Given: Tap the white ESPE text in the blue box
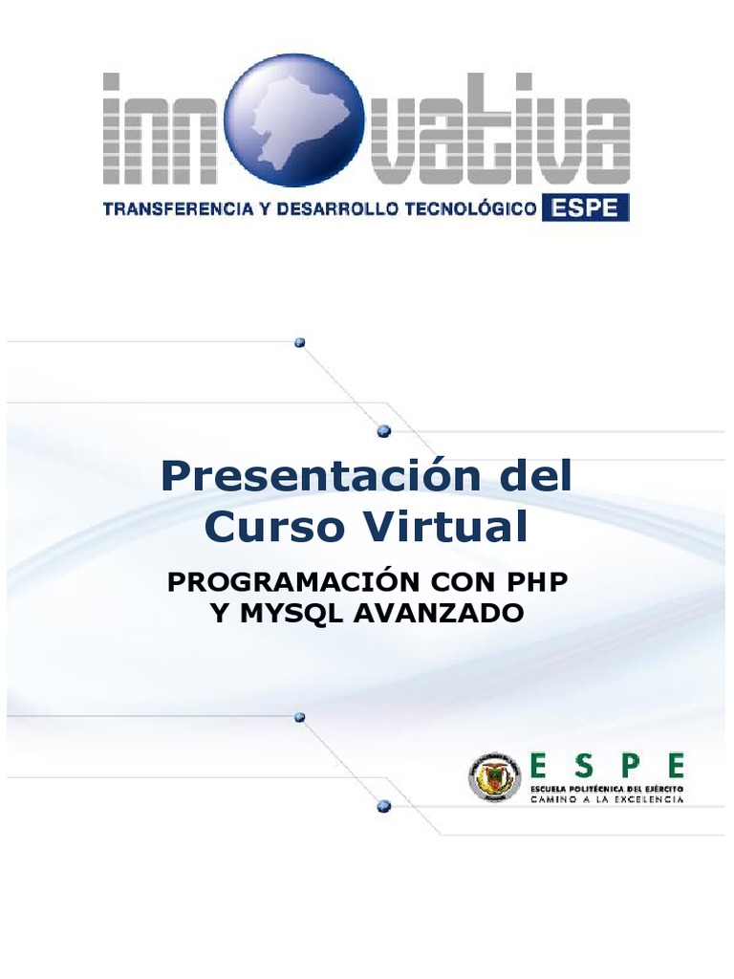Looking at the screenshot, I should [x=586, y=208].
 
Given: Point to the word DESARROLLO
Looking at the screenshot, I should [x=332, y=209].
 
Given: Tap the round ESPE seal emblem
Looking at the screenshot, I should [x=493, y=776].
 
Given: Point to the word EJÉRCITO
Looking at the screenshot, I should [x=662, y=787].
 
